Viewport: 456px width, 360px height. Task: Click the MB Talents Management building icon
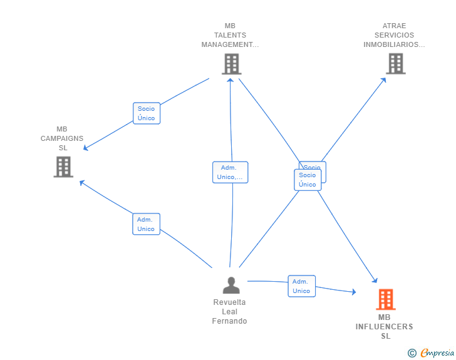click(231, 64)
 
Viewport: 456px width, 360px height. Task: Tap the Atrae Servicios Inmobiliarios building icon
click(395, 64)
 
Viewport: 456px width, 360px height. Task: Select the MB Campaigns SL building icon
click(63, 167)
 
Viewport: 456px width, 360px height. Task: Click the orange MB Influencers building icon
click(385, 299)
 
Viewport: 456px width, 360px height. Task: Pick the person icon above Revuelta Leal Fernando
click(231, 285)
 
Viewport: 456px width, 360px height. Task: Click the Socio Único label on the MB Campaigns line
click(146, 113)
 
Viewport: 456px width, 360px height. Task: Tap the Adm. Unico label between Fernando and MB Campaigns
click(146, 224)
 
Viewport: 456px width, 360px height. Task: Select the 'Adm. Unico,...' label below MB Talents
click(230, 172)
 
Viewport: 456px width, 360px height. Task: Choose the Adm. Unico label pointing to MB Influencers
click(301, 286)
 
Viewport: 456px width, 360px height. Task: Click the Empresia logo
click(437, 353)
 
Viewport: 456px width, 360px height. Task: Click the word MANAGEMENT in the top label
click(230, 44)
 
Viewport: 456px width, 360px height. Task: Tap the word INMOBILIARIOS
click(394, 44)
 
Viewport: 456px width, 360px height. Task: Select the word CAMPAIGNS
click(62, 138)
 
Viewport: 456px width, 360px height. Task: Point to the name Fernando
click(229, 321)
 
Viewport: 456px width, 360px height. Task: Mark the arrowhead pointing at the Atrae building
click(385, 79)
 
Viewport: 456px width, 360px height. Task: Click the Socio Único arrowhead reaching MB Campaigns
click(86, 148)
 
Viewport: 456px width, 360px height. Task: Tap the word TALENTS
click(230, 35)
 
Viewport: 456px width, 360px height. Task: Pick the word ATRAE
click(394, 26)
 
